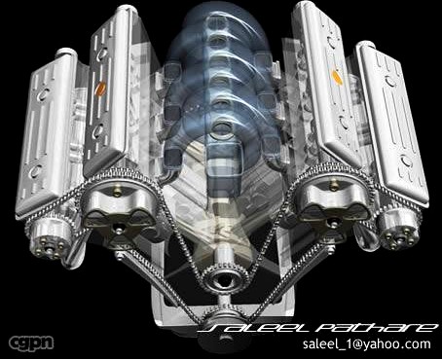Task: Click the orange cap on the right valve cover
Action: pos(336,76)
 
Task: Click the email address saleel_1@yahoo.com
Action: pos(365,344)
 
